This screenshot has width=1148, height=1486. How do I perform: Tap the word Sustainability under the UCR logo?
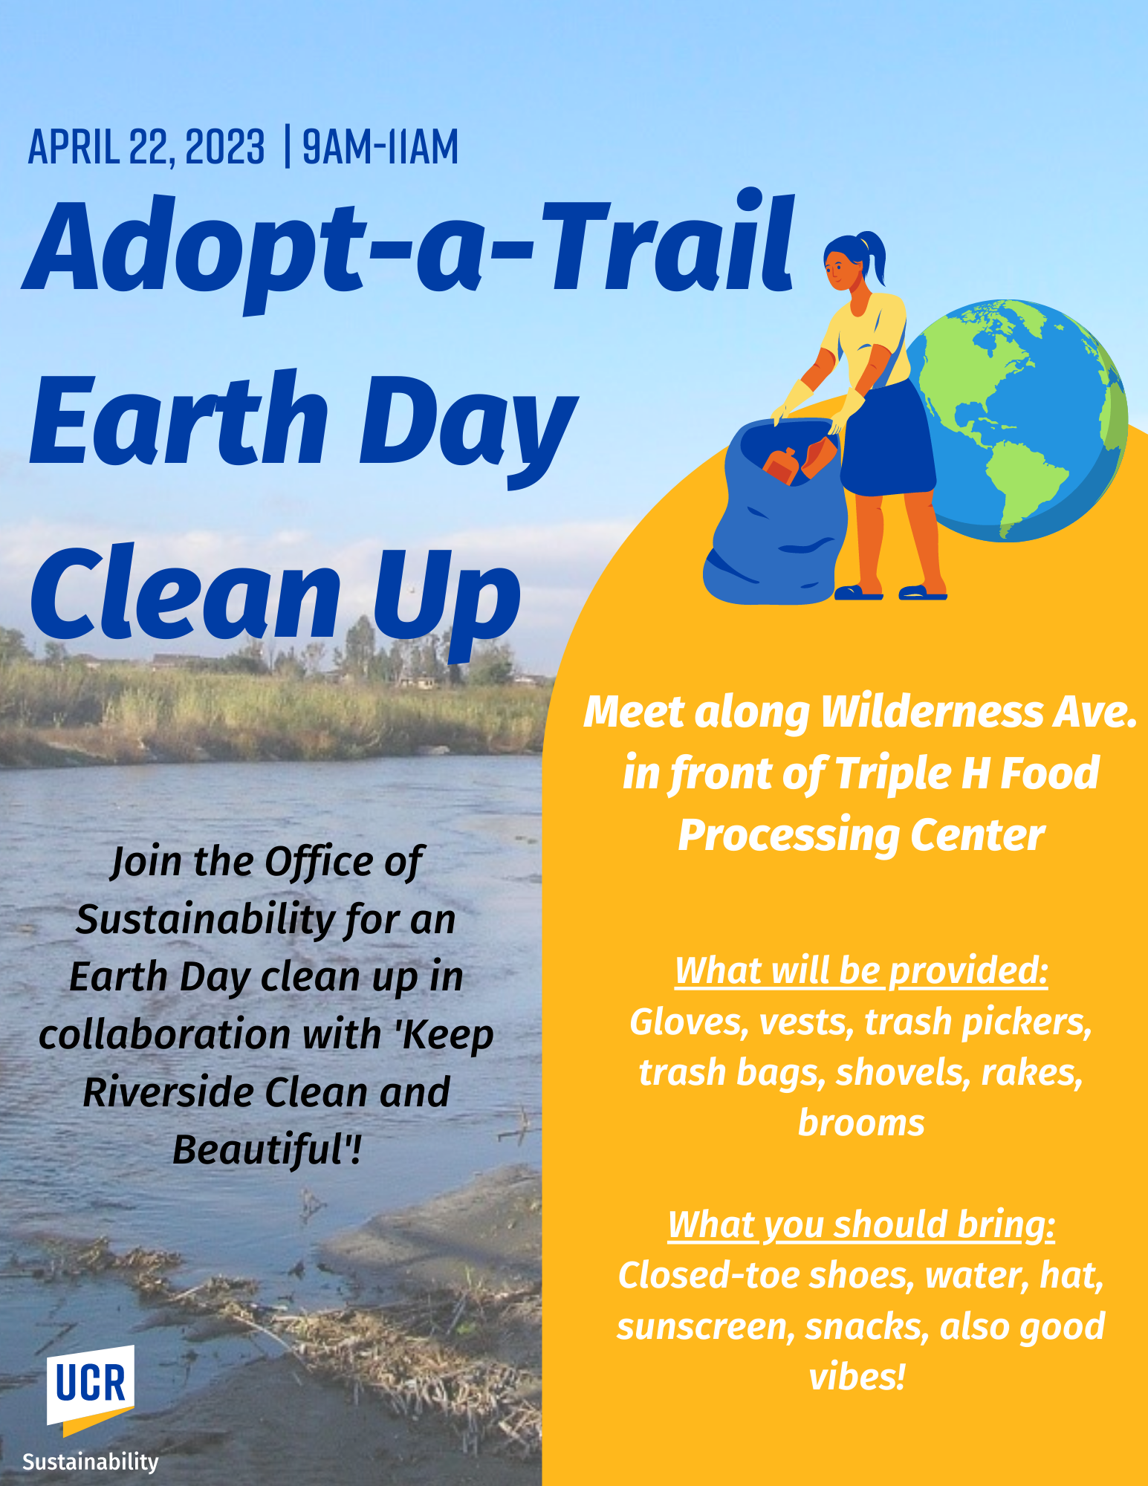pyautogui.click(x=91, y=1461)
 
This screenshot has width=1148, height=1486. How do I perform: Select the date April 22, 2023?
pyautogui.click(x=146, y=146)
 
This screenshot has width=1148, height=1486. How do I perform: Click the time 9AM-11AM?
pyautogui.click(x=380, y=146)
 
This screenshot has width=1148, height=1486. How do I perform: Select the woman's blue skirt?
pyautogui.click(x=888, y=438)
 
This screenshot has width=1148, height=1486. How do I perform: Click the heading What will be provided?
pyautogui.click(x=861, y=970)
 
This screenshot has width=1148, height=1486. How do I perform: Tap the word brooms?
pyautogui.click(x=861, y=1123)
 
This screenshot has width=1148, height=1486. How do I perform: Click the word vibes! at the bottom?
pyautogui.click(x=857, y=1377)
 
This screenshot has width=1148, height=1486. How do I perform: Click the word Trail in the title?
pyautogui.click(x=669, y=245)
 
